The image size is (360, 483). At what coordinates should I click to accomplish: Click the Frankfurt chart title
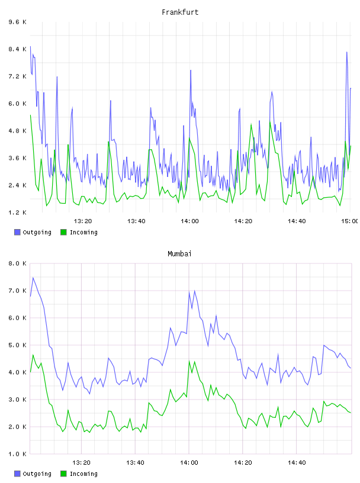tap(180, 12)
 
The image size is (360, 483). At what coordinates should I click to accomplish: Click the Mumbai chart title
tap(179, 254)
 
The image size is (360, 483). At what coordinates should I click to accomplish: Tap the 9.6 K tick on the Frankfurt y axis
tap(18, 22)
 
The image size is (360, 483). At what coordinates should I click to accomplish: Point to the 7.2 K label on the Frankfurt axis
tap(18, 76)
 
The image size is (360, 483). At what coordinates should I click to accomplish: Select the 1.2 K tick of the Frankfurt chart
tap(18, 212)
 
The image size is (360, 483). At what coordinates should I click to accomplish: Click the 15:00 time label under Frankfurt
tap(350, 221)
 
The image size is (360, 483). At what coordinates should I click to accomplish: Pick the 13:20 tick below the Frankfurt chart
tap(83, 221)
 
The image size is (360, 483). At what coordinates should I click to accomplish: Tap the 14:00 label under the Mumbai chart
tap(189, 463)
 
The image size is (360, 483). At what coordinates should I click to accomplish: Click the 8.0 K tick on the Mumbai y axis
tap(18, 263)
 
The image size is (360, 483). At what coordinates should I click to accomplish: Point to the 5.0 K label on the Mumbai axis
tap(18, 345)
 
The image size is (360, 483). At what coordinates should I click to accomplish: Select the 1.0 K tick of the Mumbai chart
tap(18, 454)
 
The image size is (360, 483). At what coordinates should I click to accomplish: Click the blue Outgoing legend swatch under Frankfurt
tap(17, 232)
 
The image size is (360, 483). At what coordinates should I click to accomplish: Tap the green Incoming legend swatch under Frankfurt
tap(63, 232)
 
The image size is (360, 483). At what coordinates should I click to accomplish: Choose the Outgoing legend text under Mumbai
tap(37, 474)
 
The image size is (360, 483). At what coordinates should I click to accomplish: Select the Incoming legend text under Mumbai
tap(83, 474)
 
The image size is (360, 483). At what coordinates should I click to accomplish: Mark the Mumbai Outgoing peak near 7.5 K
tap(33, 278)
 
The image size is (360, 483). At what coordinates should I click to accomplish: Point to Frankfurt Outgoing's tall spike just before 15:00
tap(347, 52)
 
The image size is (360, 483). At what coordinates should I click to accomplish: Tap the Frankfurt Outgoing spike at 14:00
tap(191, 70)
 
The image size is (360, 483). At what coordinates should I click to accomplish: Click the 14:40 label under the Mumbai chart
tap(297, 463)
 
